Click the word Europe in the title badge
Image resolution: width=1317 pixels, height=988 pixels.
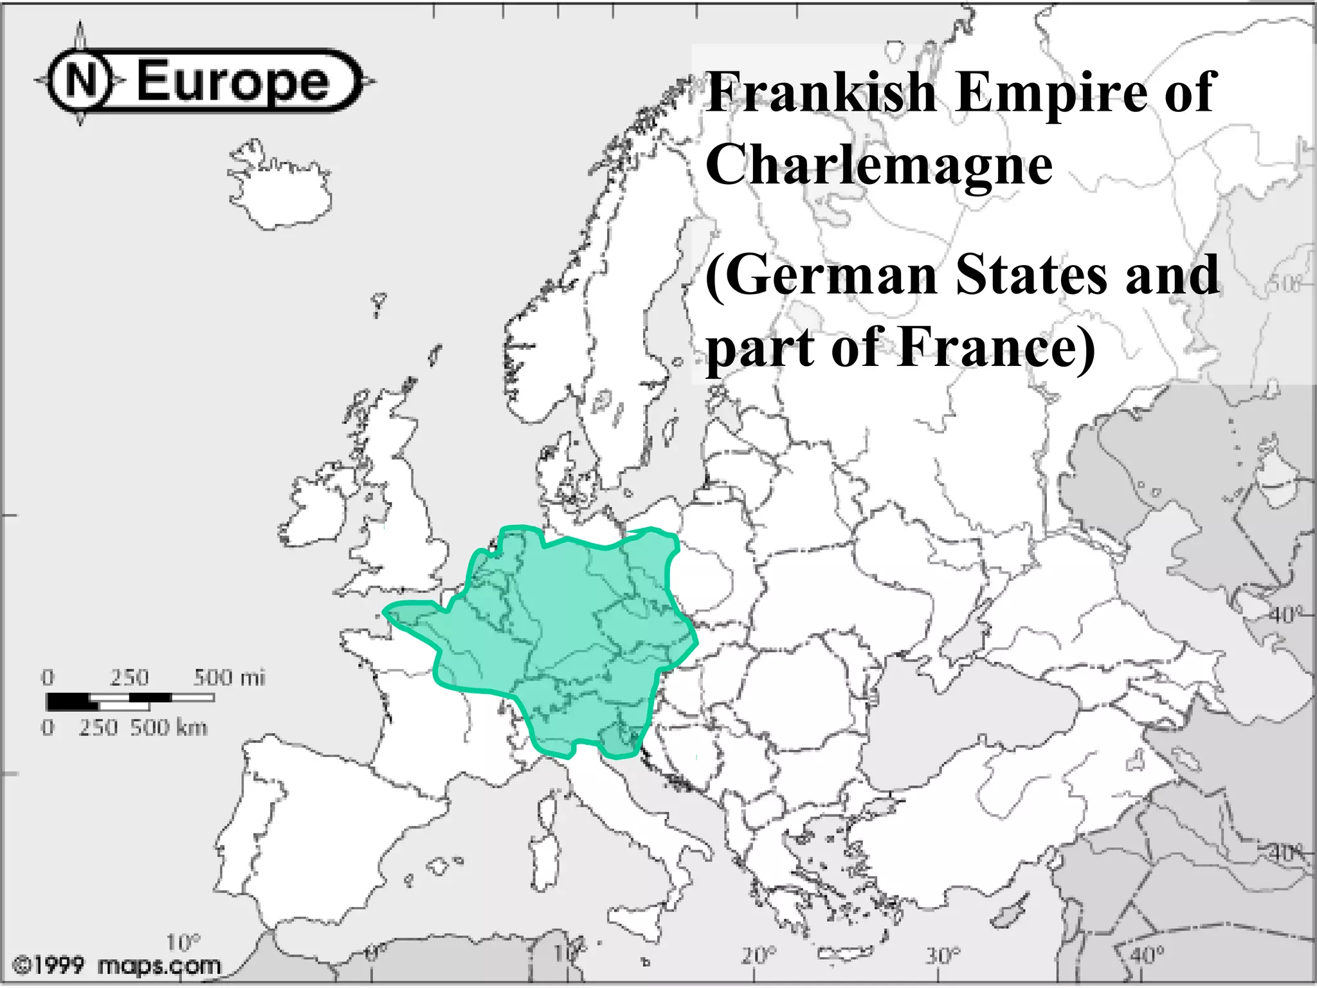[x=233, y=82]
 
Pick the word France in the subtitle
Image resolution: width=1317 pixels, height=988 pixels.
[x=997, y=347]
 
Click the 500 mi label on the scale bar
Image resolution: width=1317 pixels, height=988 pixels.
[x=229, y=677]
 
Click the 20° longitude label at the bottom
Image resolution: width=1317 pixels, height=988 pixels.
[x=759, y=956]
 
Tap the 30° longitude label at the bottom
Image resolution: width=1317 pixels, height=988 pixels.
[x=943, y=956]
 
